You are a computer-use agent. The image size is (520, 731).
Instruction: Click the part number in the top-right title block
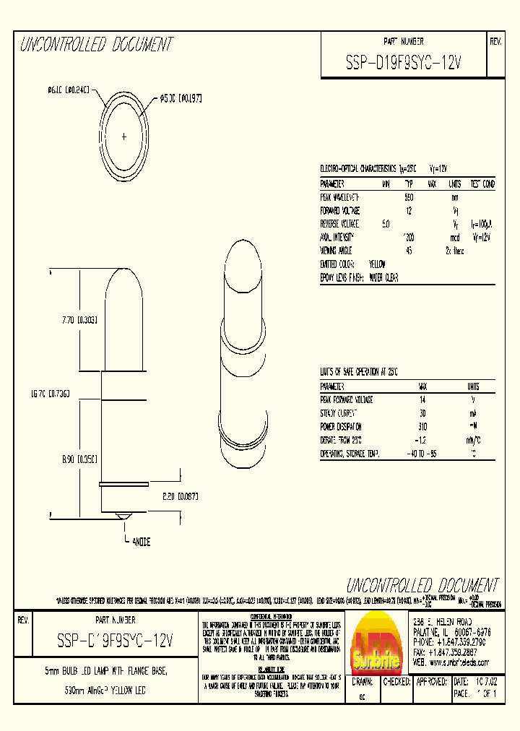(x=404, y=64)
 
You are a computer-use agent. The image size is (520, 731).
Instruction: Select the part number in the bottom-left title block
(x=114, y=639)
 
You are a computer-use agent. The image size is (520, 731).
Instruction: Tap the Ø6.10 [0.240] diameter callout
(x=69, y=90)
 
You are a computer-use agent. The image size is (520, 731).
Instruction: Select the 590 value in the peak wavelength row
(x=408, y=197)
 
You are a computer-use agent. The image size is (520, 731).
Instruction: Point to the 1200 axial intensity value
(x=408, y=237)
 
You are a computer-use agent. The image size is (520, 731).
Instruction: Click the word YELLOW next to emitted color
(x=377, y=264)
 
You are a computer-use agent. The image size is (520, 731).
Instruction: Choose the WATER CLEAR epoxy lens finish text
(x=383, y=277)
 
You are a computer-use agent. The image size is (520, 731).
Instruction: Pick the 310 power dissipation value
(x=422, y=426)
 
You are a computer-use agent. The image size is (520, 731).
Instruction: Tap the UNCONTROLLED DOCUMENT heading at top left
(x=95, y=45)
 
